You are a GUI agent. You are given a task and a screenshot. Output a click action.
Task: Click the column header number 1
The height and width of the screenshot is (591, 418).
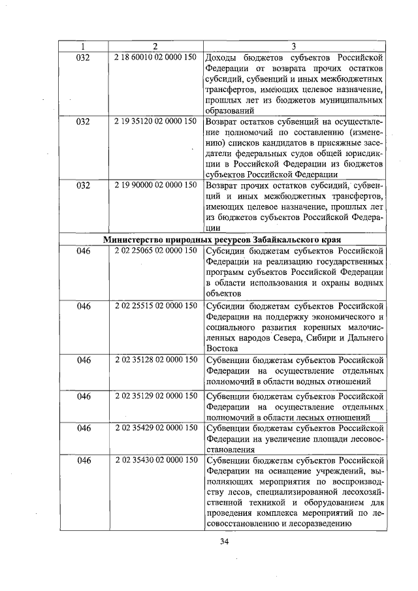[83, 46]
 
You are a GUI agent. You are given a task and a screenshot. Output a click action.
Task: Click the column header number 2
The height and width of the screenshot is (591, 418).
[155, 46]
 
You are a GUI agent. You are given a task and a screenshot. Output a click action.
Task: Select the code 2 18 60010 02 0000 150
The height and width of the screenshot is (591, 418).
[155, 57]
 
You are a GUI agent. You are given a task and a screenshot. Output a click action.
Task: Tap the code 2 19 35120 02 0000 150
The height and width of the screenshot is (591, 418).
[155, 121]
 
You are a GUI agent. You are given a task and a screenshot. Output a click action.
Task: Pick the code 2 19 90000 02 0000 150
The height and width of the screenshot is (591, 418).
[155, 185]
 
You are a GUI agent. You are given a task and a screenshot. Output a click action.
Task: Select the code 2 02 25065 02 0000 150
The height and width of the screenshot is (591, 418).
[155, 250]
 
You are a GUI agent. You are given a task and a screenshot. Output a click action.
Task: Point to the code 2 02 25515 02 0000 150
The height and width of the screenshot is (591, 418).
[155, 305]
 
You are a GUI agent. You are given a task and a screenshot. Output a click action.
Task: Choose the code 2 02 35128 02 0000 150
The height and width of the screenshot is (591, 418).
[155, 360]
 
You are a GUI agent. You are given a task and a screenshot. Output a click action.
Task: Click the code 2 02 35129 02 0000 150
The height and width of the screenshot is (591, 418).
[155, 396]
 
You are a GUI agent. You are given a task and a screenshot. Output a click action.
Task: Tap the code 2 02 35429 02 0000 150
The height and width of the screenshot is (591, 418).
[155, 428]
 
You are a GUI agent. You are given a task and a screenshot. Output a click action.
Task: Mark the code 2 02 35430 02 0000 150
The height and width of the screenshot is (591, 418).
[155, 460]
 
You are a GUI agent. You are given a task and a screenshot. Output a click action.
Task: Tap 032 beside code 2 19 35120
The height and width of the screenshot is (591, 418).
[83, 121]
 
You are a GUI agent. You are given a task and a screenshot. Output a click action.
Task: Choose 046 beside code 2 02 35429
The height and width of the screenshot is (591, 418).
[83, 428]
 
